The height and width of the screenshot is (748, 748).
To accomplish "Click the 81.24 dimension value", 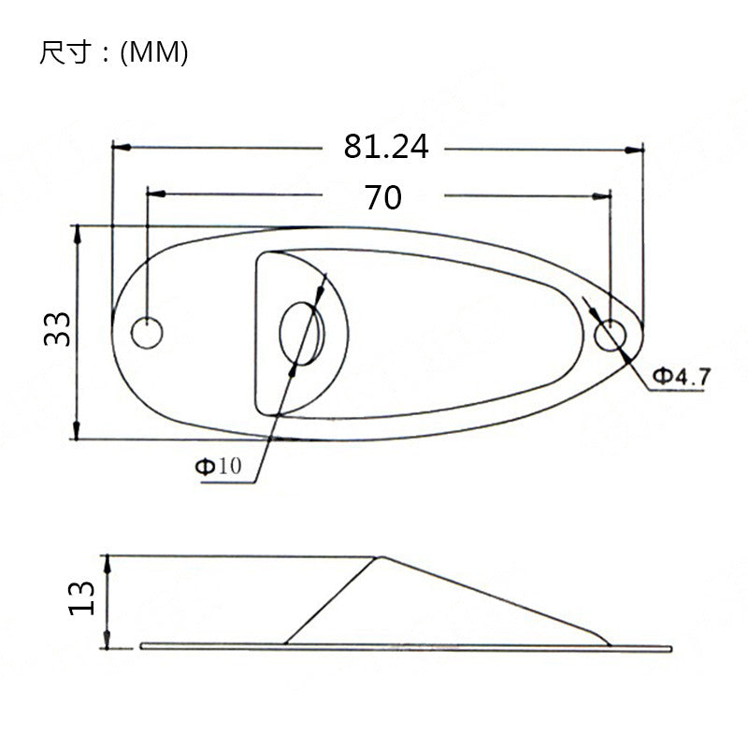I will pos(385,147).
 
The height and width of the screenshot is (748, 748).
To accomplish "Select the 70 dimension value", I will pos(383,197).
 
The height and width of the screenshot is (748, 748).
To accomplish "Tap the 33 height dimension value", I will pos(58,329).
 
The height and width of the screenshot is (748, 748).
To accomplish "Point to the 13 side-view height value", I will pos(81,597).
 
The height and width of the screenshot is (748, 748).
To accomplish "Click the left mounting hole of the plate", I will pos(147,332).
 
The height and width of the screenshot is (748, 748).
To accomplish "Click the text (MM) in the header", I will pos(154,53).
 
